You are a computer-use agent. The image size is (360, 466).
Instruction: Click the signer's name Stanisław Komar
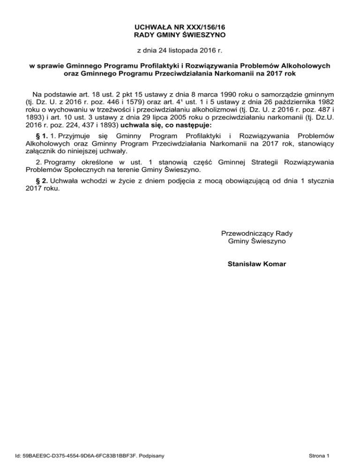pyautogui.click(x=256, y=264)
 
